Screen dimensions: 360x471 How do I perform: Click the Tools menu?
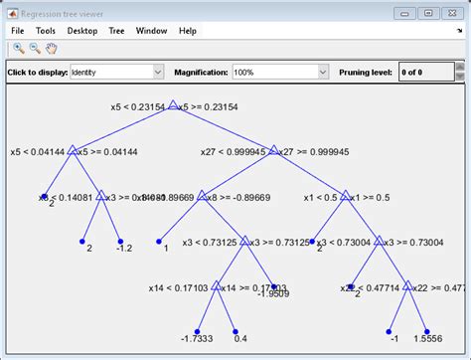tap(47, 31)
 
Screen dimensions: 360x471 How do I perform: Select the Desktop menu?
tap(82, 31)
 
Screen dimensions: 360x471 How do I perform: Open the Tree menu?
tap(116, 31)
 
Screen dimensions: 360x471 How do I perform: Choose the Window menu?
tap(152, 31)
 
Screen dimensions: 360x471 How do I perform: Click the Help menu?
tap(188, 31)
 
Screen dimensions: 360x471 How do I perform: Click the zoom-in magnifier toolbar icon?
tap(19, 49)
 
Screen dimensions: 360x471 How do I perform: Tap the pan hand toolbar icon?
tap(51, 49)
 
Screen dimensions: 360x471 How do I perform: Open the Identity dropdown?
tap(116, 72)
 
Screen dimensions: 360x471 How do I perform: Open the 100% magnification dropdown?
tap(279, 72)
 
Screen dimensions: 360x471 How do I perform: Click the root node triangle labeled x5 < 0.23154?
tap(172, 104)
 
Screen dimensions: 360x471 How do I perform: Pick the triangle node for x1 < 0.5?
tap(346, 197)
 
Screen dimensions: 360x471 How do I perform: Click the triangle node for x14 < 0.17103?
tap(217, 287)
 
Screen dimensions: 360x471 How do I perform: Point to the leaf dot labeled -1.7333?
tap(197, 331)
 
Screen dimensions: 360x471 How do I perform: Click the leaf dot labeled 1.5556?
tap(426, 331)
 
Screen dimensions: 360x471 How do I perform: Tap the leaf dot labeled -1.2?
tap(119, 241)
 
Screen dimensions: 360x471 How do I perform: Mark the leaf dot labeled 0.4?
tap(235, 331)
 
